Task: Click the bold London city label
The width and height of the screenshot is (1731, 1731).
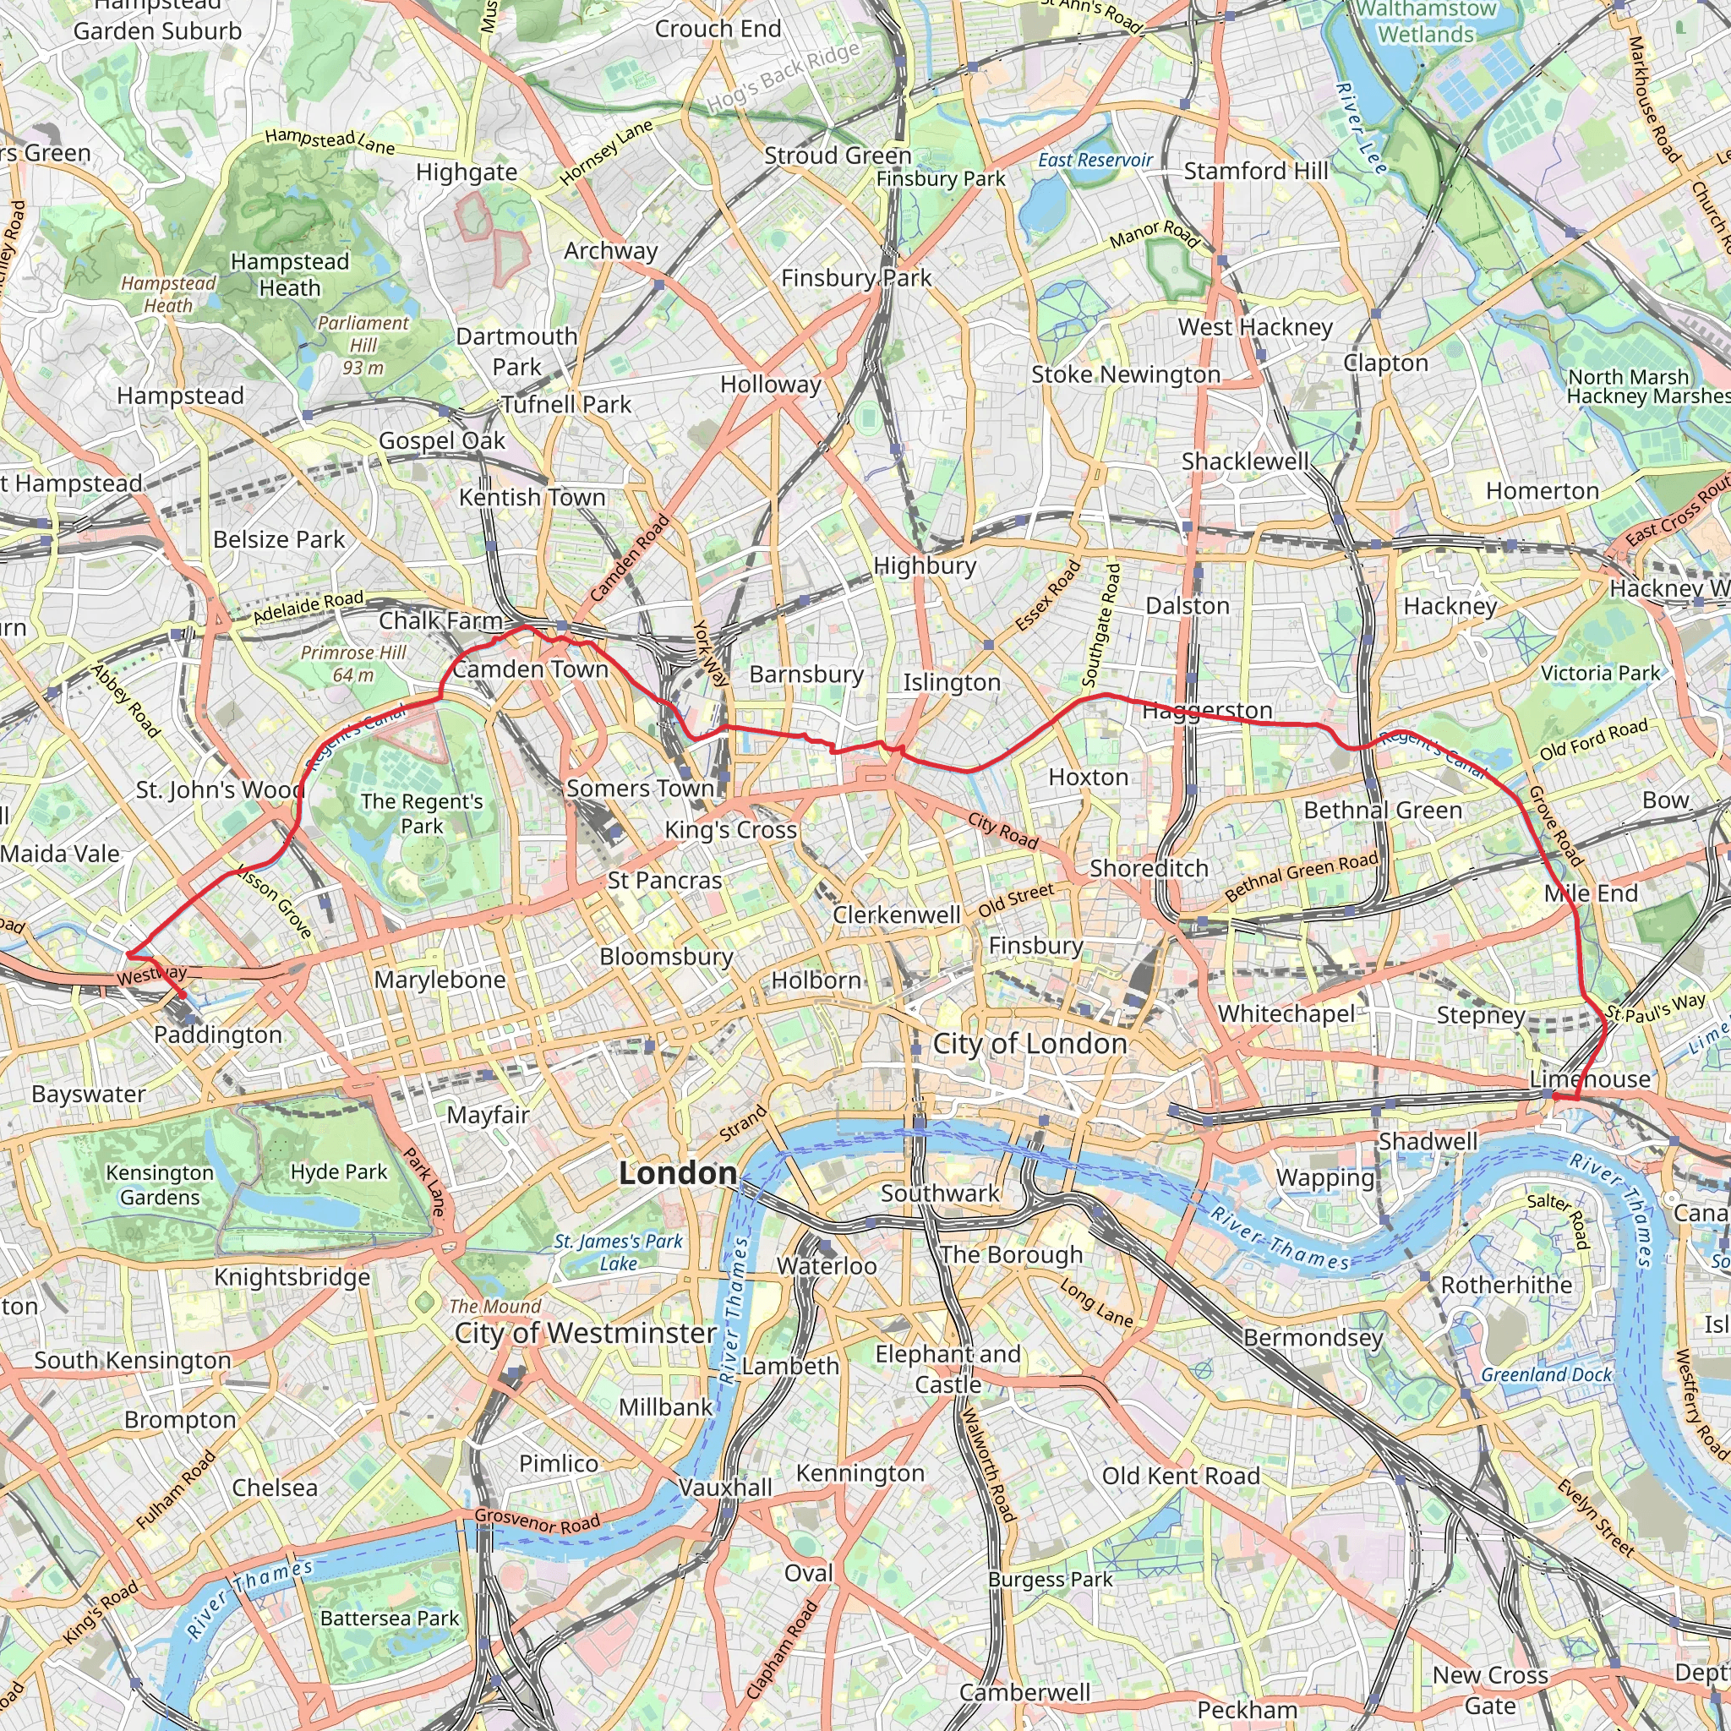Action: pyautogui.click(x=678, y=1173)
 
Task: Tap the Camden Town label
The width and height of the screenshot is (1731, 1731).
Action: pyautogui.click(x=531, y=669)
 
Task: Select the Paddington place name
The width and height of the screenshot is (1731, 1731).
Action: pyautogui.click(x=218, y=1035)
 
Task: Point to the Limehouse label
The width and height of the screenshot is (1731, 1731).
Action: pyautogui.click(x=1590, y=1078)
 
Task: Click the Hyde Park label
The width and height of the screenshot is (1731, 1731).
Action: pyautogui.click(x=339, y=1172)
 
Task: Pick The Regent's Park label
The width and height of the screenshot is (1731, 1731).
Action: pyautogui.click(x=422, y=814)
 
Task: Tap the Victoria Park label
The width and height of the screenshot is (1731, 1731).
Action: pyautogui.click(x=1600, y=673)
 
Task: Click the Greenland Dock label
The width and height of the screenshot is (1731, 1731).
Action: pyautogui.click(x=1547, y=1374)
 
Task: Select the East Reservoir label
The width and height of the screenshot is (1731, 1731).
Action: pyautogui.click(x=1095, y=161)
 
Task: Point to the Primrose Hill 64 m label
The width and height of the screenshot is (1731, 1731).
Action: pyautogui.click(x=353, y=663)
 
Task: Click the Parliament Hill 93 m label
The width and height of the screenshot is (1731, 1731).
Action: pyautogui.click(x=363, y=345)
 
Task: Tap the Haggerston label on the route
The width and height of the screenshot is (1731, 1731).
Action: pyautogui.click(x=1207, y=711)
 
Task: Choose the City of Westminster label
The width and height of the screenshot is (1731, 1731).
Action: pyautogui.click(x=585, y=1333)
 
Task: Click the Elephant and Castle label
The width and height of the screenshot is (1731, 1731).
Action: pyautogui.click(x=948, y=1369)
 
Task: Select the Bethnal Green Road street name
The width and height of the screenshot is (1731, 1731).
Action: pyautogui.click(x=1302, y=876)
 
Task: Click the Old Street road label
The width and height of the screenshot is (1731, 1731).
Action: pyautogui.click(x=1016, y=900)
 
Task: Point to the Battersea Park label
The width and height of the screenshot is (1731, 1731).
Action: pyautogui.click(x=390, y=1618)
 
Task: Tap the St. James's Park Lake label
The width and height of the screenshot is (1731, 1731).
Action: pyautogui.click(x=618, y=1253)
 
